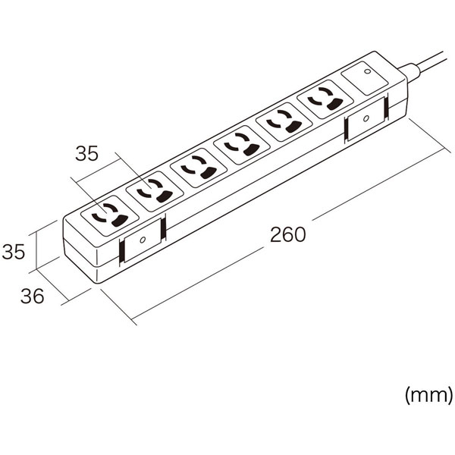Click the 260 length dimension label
[x=288, y=235]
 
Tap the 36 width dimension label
[x=32, y=297]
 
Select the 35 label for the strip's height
[x=14, y=252]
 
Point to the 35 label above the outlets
[x=86, y=153]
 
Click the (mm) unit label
[x=428, y=395]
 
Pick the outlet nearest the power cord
[x=325, y=99]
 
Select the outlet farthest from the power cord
[x=110, y=215]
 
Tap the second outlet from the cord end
[x=284, y=122]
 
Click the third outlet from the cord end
[x=241, y=145]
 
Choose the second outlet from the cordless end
[x=155, y=191]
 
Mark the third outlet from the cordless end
[x=199, y=168]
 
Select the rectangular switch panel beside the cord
[x=365, y=78]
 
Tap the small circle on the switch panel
[x=367, y=71]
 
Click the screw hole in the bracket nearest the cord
[x=366, y=118]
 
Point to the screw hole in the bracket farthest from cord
[x=143, y=240]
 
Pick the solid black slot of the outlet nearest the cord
[x=334, y=104]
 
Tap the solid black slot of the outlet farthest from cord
[x=120, y=221]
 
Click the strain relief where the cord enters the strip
[x=409, y=72]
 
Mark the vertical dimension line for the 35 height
[x=36, y=250]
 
